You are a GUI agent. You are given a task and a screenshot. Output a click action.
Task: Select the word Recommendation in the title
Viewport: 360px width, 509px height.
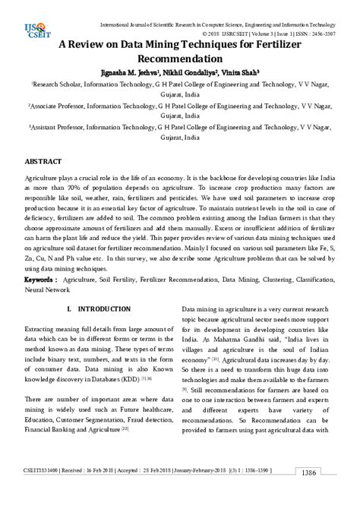[180, 59]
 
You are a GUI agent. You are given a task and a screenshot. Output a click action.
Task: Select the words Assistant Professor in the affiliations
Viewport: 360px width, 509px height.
[61, 129]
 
